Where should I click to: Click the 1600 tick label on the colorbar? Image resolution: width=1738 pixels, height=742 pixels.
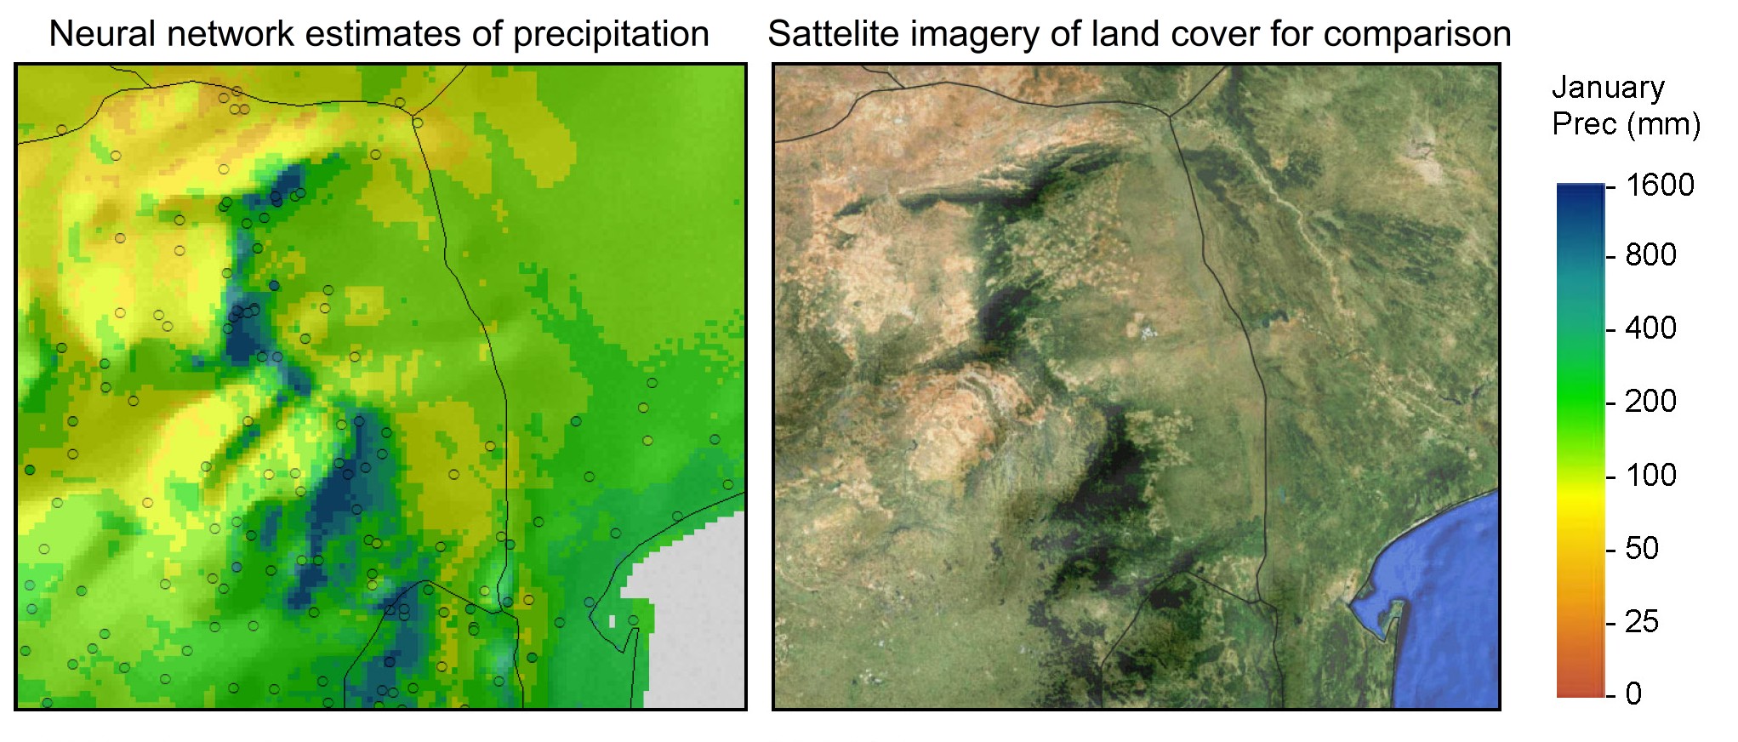[x=1660, y=185]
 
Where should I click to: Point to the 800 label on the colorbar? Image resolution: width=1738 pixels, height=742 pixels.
[x=1650, y=254]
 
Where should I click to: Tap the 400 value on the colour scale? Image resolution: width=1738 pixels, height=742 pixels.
[x=1650, y=328]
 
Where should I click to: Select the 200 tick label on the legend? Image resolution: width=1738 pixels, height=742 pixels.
[x=1650, y=401]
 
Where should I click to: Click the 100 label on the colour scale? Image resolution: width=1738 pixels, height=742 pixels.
[x=1650, y=475]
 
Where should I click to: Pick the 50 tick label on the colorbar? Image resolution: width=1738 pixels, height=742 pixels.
[x=1642, y=548]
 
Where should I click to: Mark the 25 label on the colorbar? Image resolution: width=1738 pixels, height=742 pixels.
[x=1642, y=621]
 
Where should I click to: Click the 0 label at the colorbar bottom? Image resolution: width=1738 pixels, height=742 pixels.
[x=1633, y=693]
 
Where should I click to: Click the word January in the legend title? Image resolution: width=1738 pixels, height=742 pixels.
[x=1608, y=88]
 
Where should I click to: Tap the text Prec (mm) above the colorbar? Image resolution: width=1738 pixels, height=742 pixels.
[x=1626, y=124]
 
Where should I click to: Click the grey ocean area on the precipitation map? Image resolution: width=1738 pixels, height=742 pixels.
[x=698, y=621]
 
